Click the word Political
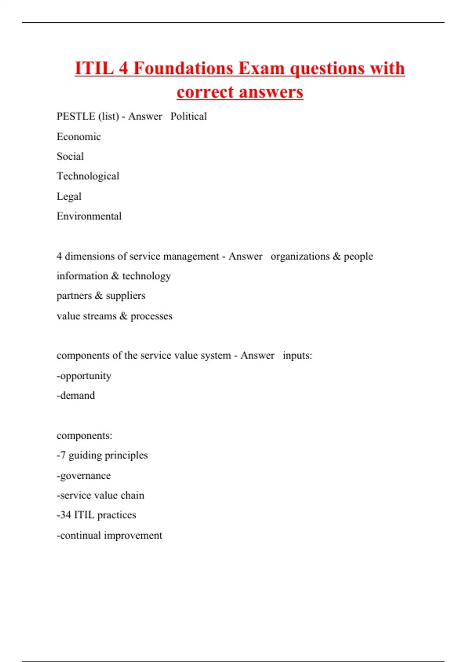pyautogui.click(x=189, y=116)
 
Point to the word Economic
pyautogui.click(x=79, y=137)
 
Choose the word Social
pyautogui.click(x=70, y=157)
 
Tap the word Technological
pyautogui.click(x=88, y=176)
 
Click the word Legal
pyautogui.click(x=69, y=196)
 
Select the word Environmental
pyautogui.click(x=89, y=216)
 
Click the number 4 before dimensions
pyautogui.click(x=59, y=256)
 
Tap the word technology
pyautogui.click(x=147, y=276)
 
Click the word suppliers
pyautogui.click(x=126, y=296)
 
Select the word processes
pyautogui.click(x=151, y=316)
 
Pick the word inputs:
pyautogui.click(x=297, y=356)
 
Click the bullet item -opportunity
pyautogui.click(x=84, y=376)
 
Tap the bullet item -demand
pyautogui.click(x=76, y=396)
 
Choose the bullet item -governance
pyautogui.click(x=84, y=475)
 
